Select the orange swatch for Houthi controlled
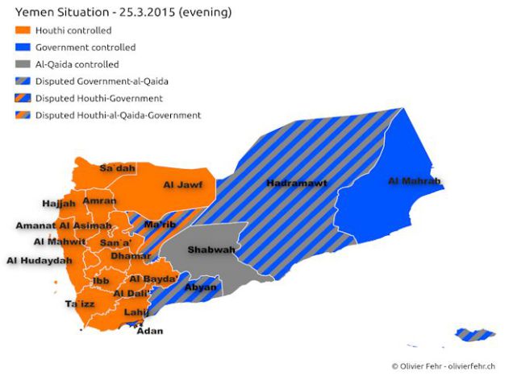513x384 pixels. [23, 31]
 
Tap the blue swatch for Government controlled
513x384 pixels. [23, 47]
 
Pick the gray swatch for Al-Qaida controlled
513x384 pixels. [23, 64]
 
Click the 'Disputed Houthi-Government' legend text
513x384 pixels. [99, 98]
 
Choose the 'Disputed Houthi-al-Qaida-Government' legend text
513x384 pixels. [118, 115]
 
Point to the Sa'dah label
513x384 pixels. [117, 168]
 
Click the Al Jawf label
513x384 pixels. [182, 185]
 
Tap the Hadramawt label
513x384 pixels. [297, 184]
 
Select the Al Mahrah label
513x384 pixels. [414, 181]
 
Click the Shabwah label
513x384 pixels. [211, 250]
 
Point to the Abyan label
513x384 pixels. [201, 287]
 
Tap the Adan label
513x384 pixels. [150, 330]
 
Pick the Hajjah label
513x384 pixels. [58, 204]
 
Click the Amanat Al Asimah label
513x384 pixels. [64, 225]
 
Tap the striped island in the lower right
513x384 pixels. [473, 333]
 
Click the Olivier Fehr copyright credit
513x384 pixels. [443, 366]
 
